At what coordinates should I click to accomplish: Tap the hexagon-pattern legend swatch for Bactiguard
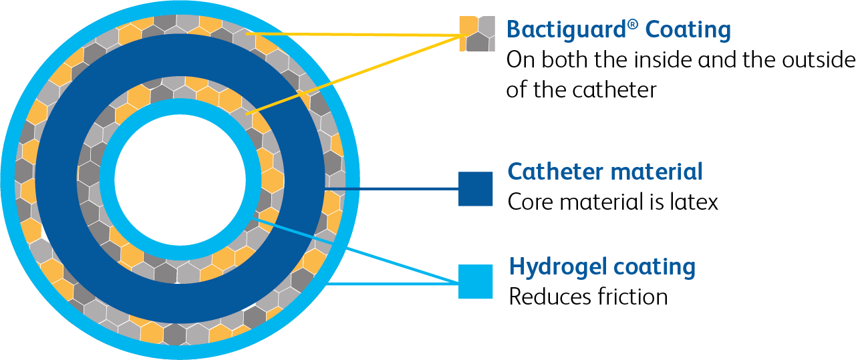tap(476, 33)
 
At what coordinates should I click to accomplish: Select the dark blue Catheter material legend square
tap(476, 189)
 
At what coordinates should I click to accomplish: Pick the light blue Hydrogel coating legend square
tap(476, 282)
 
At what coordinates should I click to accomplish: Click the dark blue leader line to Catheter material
tap(401, 189)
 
